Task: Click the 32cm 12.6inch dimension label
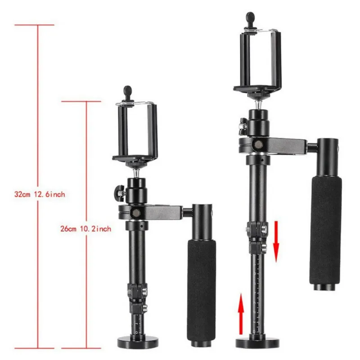pyautogui.click(x=40, y=194)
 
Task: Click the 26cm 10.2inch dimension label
pyautogui.click(x=85, y=229)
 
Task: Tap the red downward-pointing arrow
pyautogui.click(x=276, y=242)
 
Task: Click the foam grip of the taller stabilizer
pyautogui.click(x=325, y=230)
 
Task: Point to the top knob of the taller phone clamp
pyautogui.click(x=251, y=18)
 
